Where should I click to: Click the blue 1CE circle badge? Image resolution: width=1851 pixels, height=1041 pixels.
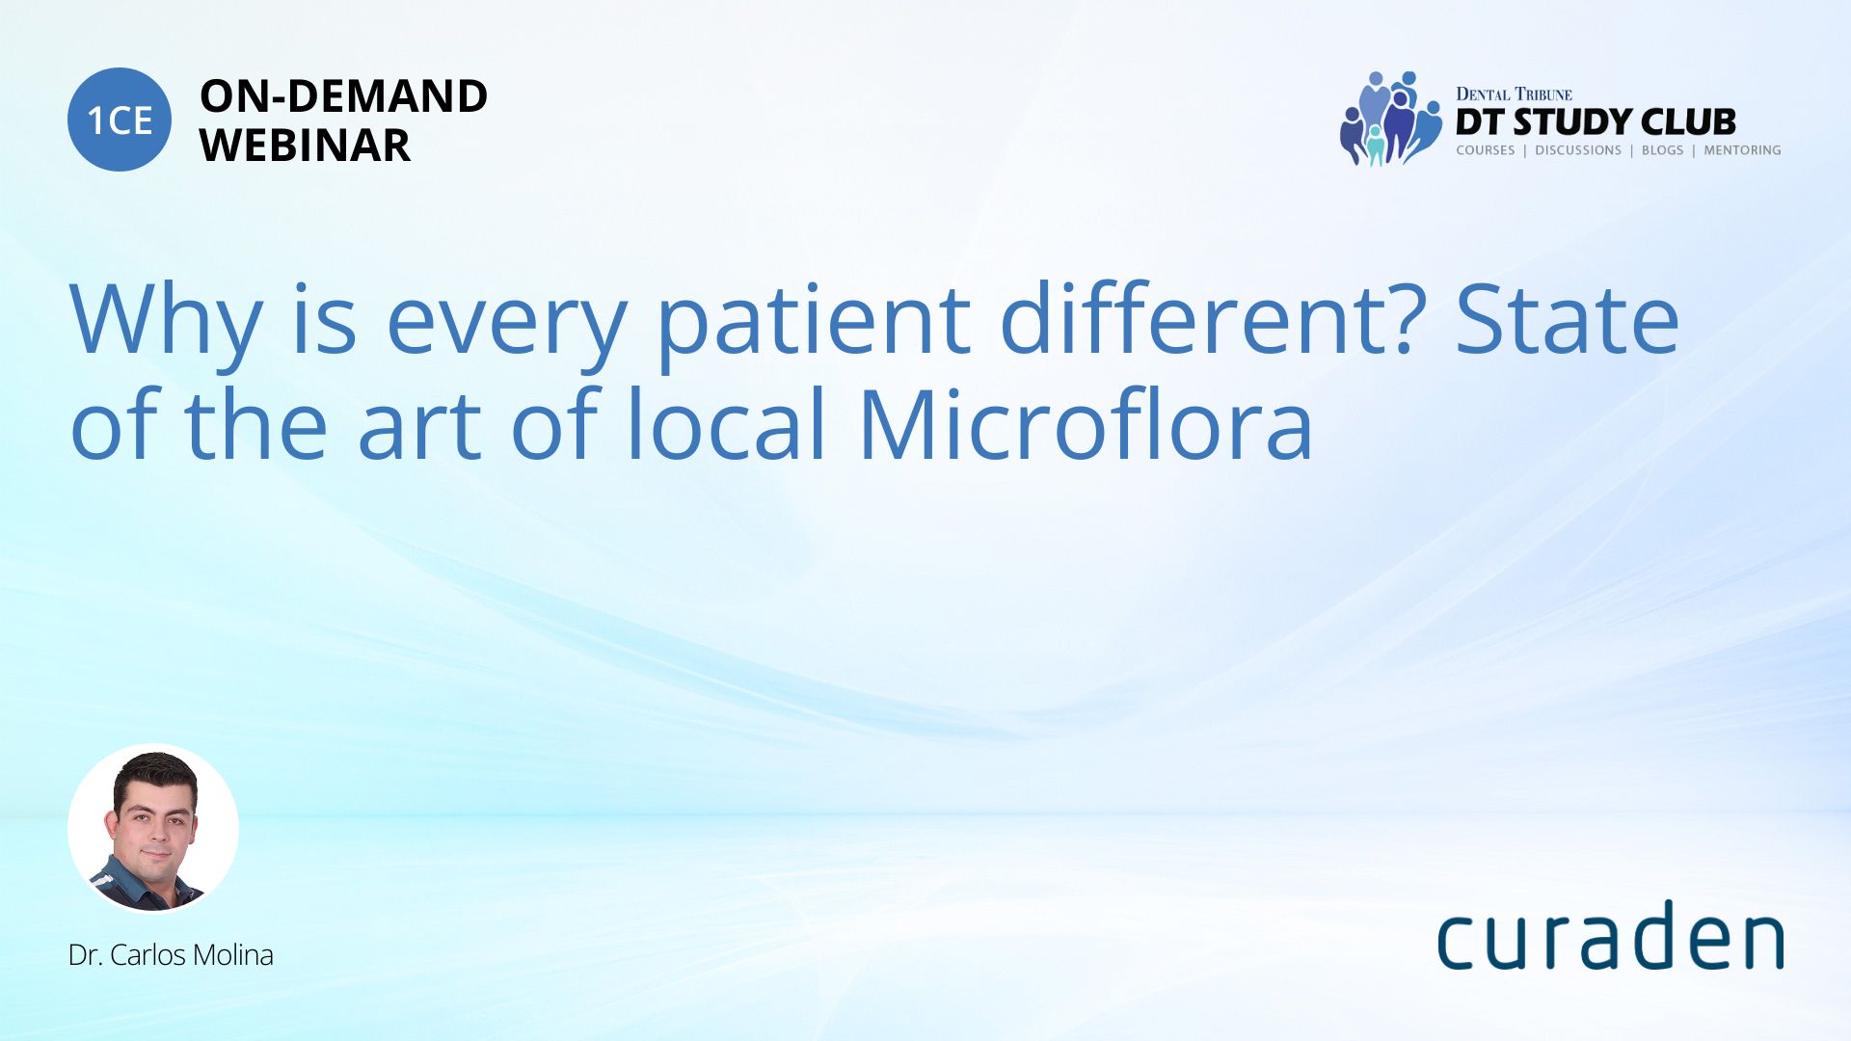(x=120, y=120)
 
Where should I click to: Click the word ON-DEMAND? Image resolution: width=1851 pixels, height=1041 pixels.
(x=343, y=96)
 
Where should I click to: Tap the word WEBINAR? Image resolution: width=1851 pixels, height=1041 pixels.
(x=305, y=146)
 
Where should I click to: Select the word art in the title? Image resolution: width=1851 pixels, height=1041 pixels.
(x=419, y=427)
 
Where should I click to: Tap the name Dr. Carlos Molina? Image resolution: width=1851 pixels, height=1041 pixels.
(x=171, y=955)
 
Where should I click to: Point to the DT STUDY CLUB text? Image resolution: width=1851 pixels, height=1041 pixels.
(x=1596, y=122)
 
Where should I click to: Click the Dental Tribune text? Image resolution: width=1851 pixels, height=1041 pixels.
(x=1514, y=94)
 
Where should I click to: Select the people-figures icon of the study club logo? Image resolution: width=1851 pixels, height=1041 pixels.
(x=1390, y=119)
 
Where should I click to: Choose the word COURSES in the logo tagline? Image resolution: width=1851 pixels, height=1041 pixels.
(x=1486, y=150)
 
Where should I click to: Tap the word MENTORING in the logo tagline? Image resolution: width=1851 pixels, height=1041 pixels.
(x=1742, y=150)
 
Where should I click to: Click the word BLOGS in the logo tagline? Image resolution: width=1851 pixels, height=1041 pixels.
(x=1662, y=150)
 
